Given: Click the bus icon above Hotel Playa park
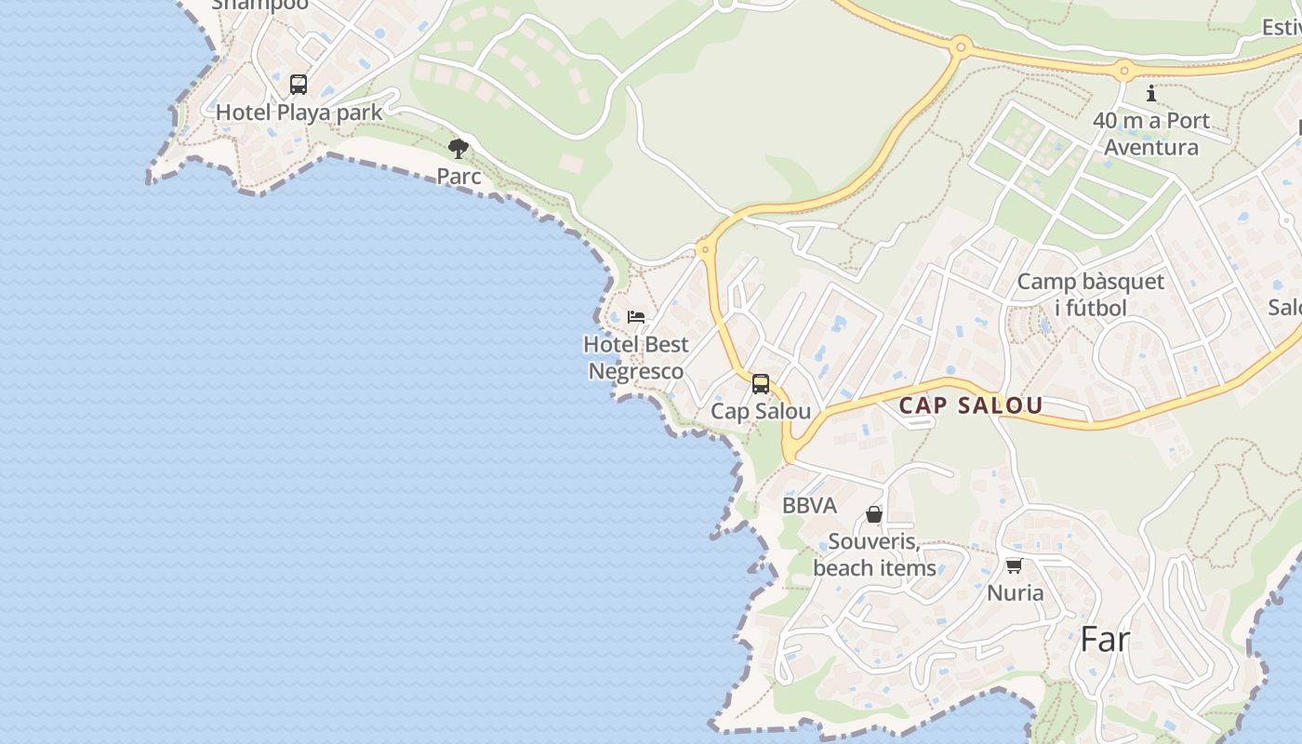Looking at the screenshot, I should [299, 85].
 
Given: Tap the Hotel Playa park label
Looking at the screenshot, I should [299, 113].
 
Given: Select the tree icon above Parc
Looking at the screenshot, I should [458, 149].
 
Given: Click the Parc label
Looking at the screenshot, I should [459, 176].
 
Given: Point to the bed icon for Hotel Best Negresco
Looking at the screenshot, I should [636, 317].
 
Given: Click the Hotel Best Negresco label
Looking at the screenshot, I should [636, 358].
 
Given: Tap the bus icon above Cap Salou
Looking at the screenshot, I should [761, 384].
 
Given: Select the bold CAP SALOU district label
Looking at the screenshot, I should [971, 405].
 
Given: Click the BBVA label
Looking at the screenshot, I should [809, 506].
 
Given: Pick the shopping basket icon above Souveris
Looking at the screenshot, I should [874, 514].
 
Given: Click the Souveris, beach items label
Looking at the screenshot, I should [874, 554].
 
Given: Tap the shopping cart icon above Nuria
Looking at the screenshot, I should [1015, 565].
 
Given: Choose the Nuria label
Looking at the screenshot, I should [1015, 592].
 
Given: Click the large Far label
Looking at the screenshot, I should [1105, 640].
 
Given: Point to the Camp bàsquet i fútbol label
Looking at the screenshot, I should [1090, 295].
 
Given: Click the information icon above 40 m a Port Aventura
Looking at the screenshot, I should [1151, 93].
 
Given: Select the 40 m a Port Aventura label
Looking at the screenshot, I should [1151, 134].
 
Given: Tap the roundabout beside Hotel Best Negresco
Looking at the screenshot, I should [704, 248].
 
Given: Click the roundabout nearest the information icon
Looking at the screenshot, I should [1124, 70].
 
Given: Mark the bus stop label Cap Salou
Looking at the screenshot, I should [761, 411].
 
